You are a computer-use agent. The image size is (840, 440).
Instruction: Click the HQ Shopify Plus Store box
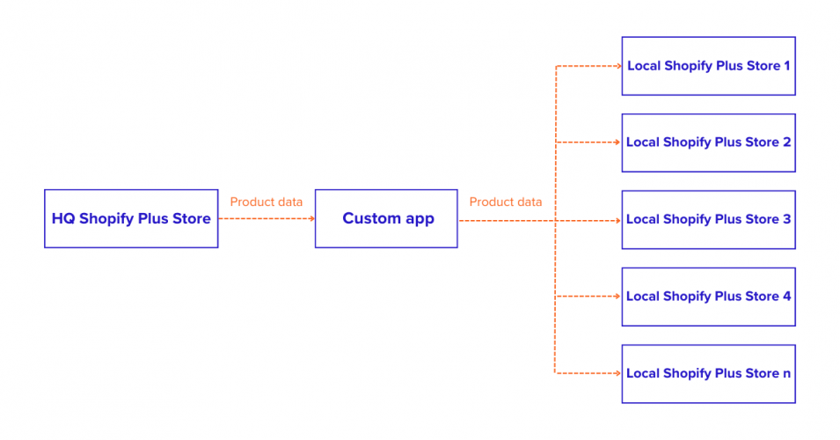point(131,218)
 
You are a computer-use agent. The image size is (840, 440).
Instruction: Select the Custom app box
point(386,218)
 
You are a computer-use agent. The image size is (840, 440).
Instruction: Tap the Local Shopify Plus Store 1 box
point(708,66)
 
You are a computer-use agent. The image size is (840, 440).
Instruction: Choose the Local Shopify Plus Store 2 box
point(708,143)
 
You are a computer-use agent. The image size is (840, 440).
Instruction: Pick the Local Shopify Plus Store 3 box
point(708,219)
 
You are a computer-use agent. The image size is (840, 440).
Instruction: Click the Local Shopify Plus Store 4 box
point(708,297)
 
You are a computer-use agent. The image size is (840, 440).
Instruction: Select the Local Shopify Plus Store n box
point(708,373)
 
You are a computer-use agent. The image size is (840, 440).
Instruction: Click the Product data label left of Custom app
point(267,202)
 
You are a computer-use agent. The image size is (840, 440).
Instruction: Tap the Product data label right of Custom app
point(506,202)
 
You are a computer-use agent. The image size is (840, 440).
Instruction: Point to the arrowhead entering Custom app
point(311,219)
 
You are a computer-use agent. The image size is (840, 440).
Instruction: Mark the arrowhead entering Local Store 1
point(617,66)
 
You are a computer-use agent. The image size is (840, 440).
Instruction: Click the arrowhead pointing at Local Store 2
point(617,143)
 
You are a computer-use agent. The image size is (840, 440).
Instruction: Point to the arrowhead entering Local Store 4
point(617,297)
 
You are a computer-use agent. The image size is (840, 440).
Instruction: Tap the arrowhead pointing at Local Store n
point(617,373)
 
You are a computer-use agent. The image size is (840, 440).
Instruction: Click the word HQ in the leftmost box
point(63,219)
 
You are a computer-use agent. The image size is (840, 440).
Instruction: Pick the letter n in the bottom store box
point(785,374)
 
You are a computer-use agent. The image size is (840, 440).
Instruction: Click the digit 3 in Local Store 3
point(786,219)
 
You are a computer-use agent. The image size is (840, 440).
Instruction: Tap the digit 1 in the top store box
point(786,66)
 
